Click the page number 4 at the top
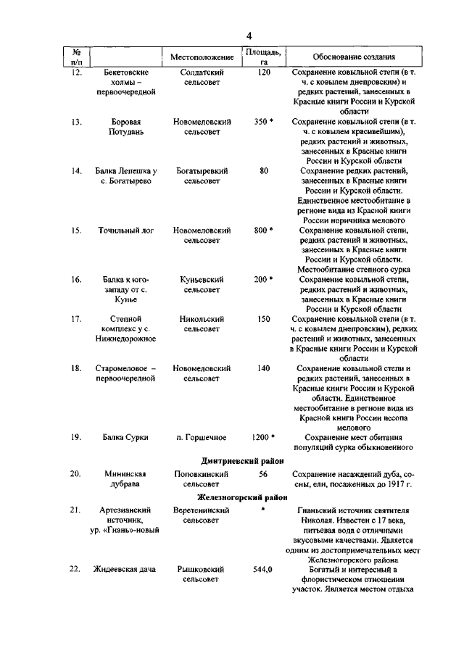pos(248,36)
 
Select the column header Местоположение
pos(202,57)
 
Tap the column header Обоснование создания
pos(353,57)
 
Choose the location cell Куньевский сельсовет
pos(202,285)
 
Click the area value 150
pos(263,319)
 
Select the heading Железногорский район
pos(241,497)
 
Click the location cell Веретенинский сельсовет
pos(202,515)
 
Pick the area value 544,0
pos(263,569)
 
